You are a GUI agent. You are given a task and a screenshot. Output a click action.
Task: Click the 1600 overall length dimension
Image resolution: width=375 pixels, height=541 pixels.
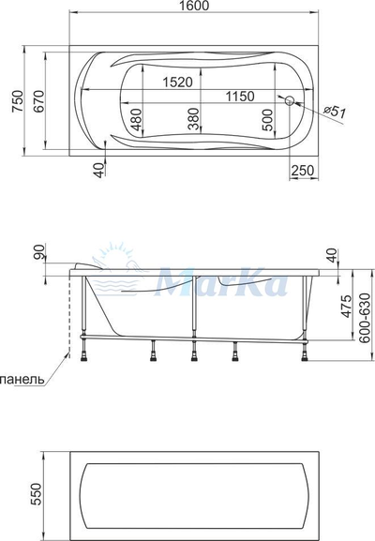point(194,6)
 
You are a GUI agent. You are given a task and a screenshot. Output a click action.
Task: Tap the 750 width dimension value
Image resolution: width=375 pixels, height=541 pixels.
point(17,100)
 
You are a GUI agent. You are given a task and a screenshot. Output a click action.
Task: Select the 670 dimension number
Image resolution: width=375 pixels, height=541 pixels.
point(38,100)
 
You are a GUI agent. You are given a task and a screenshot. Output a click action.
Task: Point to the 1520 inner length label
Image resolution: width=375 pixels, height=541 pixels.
point(178,83)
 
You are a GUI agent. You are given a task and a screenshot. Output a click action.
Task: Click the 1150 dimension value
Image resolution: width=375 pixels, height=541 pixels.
point(240,97)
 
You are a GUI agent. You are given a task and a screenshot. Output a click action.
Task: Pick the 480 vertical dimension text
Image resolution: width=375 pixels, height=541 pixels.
point(137,119)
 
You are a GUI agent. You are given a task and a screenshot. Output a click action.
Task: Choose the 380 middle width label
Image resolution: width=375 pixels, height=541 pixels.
point(194,119)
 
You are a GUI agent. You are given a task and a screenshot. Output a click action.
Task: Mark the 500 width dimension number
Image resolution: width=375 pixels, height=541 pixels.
point(267,120)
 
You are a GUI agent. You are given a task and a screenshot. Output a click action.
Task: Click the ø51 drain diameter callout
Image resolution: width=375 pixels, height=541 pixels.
point(335,112)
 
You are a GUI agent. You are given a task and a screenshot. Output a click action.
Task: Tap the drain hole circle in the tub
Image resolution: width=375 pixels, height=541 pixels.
point(289,100)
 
